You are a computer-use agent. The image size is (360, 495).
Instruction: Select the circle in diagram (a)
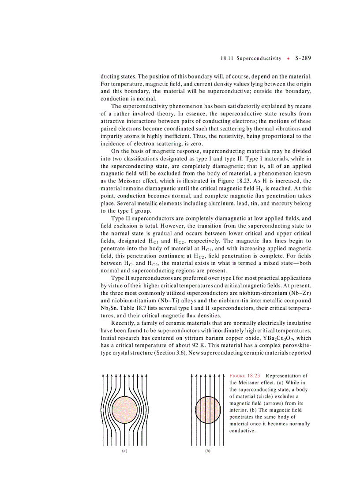pos(124,409)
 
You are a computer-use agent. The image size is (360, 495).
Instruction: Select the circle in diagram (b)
pos(207,409)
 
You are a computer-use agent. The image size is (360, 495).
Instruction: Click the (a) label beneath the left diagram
pos(124,451)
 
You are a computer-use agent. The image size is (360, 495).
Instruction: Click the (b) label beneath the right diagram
pos(207,451)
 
